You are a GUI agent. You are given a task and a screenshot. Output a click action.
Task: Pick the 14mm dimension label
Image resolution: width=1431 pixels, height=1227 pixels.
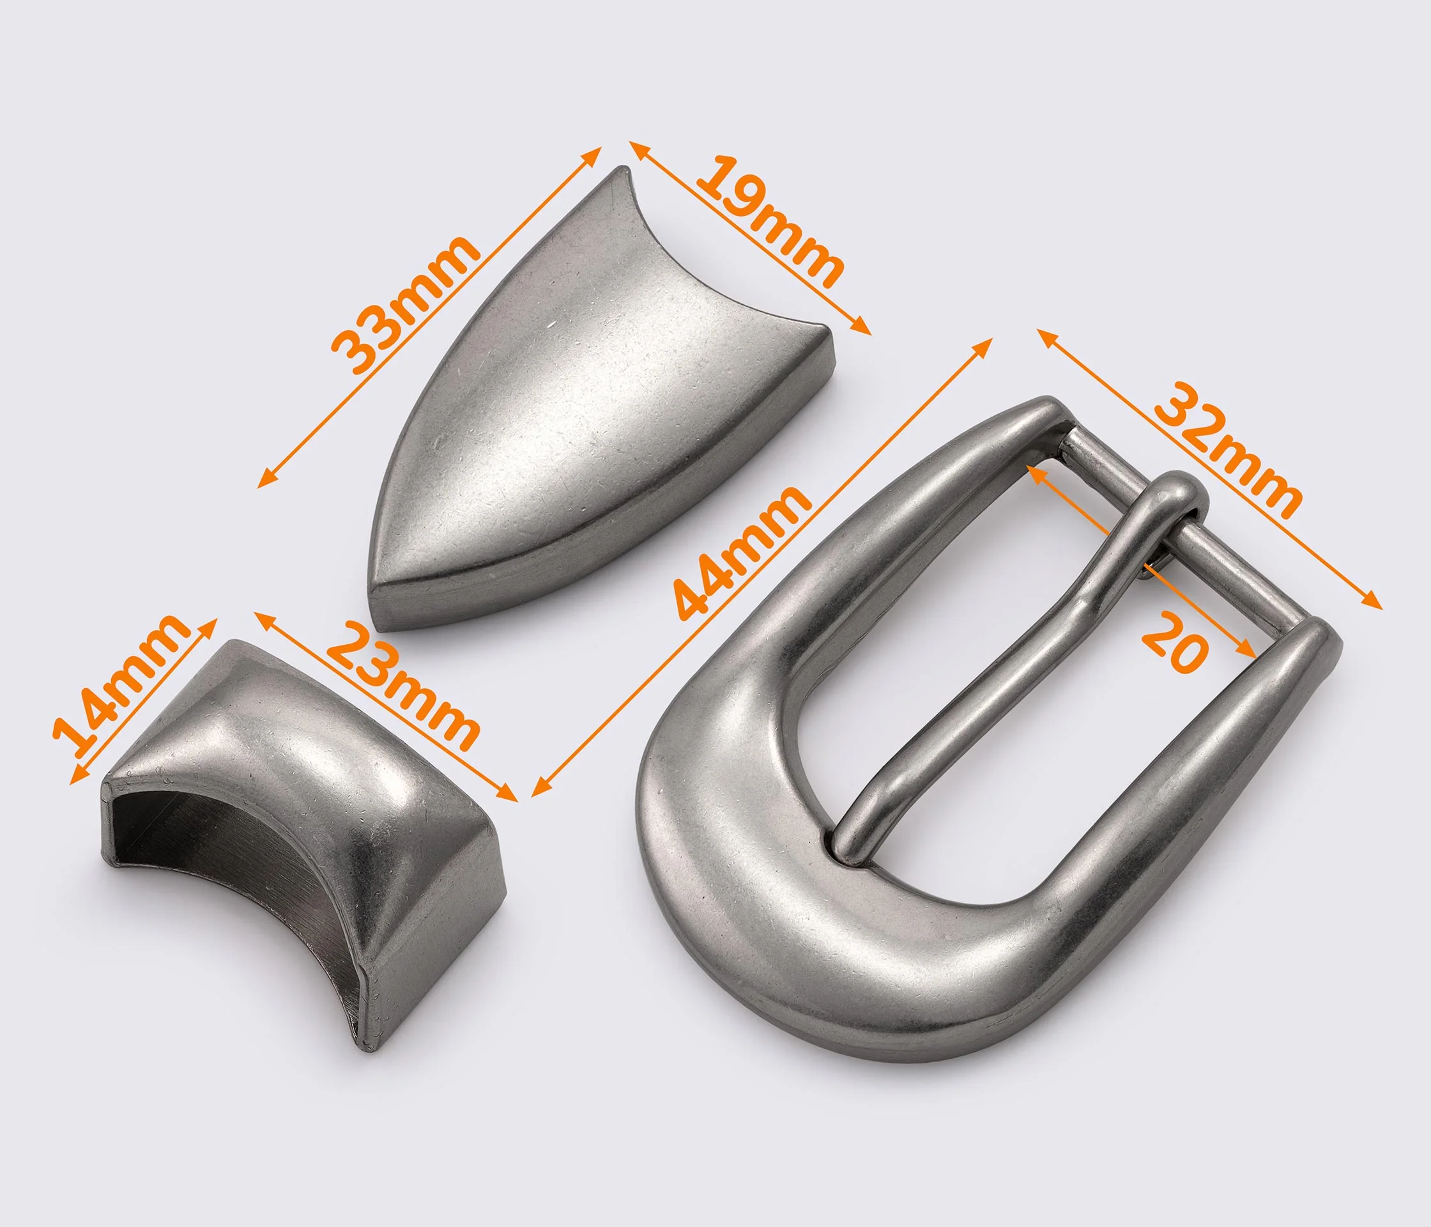(121, 690)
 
